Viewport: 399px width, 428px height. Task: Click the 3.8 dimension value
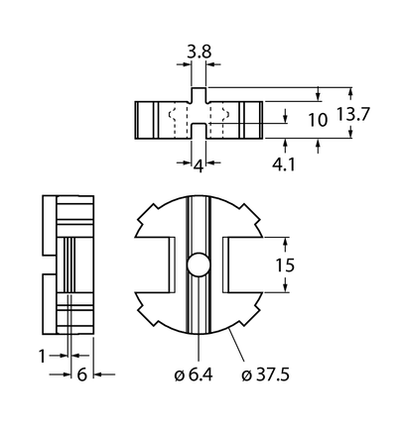point(199,52)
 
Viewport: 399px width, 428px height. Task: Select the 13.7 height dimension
point(352,114)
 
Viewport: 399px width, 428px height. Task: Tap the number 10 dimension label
point(318,120)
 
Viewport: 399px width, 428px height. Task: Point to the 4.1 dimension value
point(284,164)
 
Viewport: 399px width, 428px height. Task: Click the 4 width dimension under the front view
point(199,166)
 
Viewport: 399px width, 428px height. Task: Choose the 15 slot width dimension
point(285,266)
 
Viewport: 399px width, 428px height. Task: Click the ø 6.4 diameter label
point(194,374)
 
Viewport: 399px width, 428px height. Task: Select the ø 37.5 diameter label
point(265,374)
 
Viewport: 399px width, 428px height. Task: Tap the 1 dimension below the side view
point(42,356)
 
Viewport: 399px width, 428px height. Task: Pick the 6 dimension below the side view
point(81,374)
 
